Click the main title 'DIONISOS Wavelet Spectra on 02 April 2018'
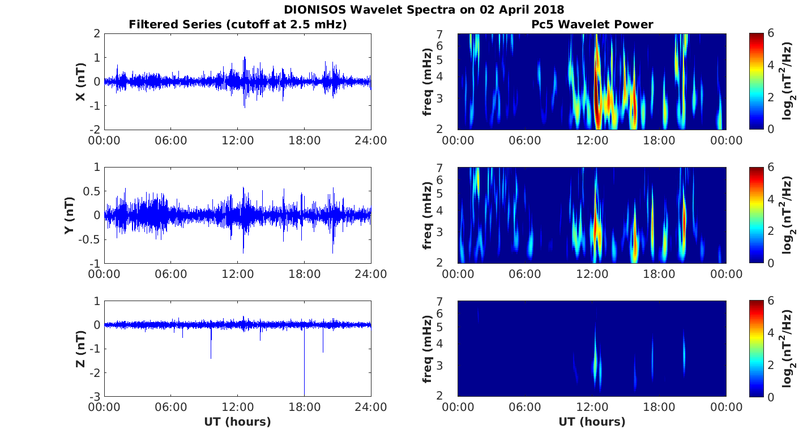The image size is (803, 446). [x=424, y=10]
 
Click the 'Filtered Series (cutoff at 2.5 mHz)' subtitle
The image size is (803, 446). [x=238, y=24]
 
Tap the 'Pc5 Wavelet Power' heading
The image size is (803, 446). [x=592, y=24]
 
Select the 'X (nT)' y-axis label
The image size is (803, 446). [x=81, y=82]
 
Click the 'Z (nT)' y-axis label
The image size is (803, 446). [x=81, y=349]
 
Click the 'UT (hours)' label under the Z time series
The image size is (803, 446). [x=238, y=422]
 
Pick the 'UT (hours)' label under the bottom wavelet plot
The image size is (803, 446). [x=592, y=422]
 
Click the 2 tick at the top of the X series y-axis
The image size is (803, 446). [x=97, y=34]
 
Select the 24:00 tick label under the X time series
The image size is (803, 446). [x=371, y=140]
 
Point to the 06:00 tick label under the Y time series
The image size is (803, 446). [x=170, y=275]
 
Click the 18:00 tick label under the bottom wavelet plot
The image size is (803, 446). [x=659, y=408]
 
